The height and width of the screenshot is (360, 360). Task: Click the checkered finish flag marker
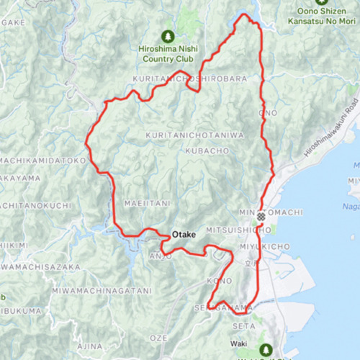262,215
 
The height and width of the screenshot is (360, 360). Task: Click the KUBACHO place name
207,151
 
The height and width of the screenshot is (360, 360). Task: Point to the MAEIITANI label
147,204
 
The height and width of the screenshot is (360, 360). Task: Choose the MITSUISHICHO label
239,230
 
